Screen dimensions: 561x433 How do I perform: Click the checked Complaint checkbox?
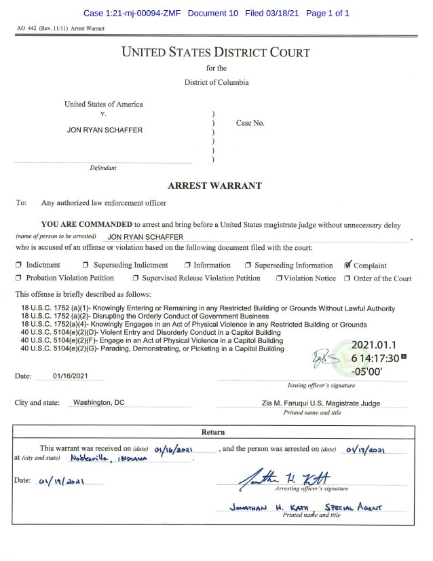click(x=348, y=265)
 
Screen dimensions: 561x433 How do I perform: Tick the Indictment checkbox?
click(x=19, y=265)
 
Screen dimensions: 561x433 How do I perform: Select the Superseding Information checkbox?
click(x=249, y=265)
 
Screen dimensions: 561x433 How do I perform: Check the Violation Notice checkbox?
click(x=279, y=278)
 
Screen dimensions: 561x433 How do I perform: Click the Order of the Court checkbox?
click(x=347, y=278)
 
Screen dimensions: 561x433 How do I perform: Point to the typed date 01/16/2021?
click(x=69, y=376)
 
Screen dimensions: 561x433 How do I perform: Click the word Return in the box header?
click(x=213, y=432)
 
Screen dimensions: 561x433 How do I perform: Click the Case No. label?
click(x=250, y=123)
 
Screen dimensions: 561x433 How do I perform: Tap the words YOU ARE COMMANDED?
click(x=86, y=224)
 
